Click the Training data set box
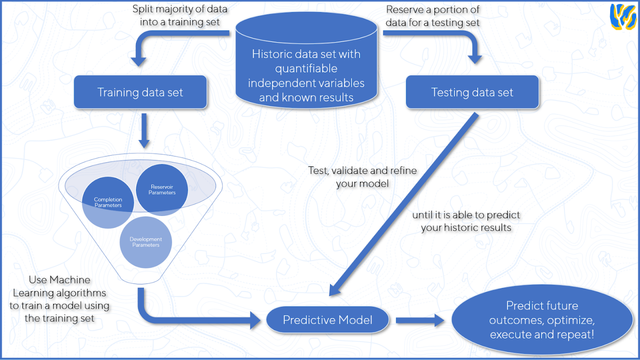click(x=140, y=92)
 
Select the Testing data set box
click(x=472, y=92)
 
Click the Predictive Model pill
click(x=327, y=320)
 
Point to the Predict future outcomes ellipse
click(x=542, y=320)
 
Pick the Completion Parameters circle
click(x=108, y=203)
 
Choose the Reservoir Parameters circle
click(x=162, y=190)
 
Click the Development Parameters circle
click(x=146, y=242)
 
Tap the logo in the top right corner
click(x=623, y=17)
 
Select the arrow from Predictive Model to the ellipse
click(x=420, y=320)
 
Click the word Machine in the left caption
click(x=69, y=280)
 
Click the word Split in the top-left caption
click(x=143, y=9)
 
